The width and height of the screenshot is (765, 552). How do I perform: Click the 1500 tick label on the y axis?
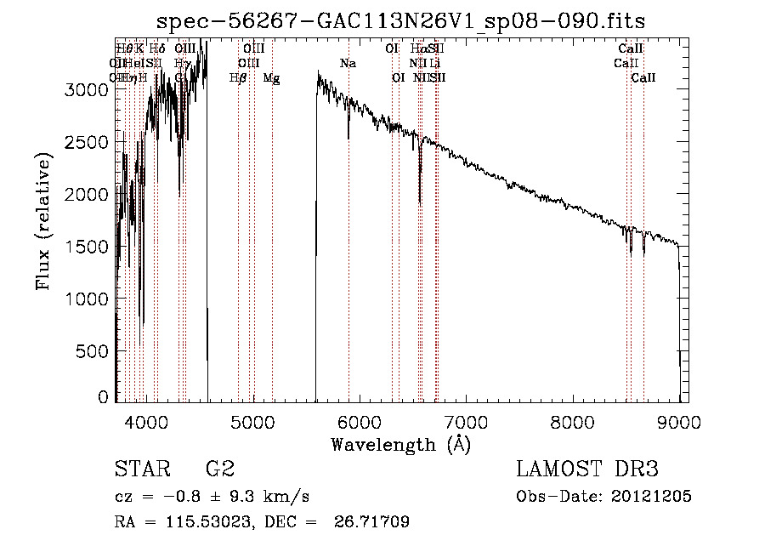(x=87, y=247)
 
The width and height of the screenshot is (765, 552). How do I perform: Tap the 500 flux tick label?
(x=94, y=351)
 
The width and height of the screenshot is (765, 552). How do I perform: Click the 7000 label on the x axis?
(x=466, y=420)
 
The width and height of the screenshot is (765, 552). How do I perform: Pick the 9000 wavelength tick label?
(x=679, y=420)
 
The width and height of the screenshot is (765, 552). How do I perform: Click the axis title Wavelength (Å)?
(x=400, y=444)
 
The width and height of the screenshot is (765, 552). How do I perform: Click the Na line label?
(x=348, y=64)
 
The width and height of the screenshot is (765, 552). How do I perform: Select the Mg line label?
(x=271, y=78)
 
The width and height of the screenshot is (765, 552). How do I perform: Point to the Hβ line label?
(x=239, y=78)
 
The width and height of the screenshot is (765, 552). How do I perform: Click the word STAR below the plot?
(x=140, y=469)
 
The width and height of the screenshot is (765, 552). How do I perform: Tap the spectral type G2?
(x=220, y=469)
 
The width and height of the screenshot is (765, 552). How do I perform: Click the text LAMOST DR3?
(x=586, y=469)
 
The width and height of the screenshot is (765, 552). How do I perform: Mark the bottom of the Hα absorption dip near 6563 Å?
(x=420, y=202)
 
